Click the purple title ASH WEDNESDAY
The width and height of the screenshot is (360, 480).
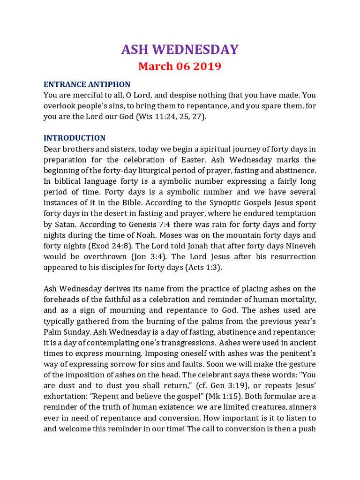coord(180,50)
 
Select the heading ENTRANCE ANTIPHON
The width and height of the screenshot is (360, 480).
coord(87,84)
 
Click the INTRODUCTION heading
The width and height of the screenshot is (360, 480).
coord(75,138)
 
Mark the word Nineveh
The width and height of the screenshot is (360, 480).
coord(299,246)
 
